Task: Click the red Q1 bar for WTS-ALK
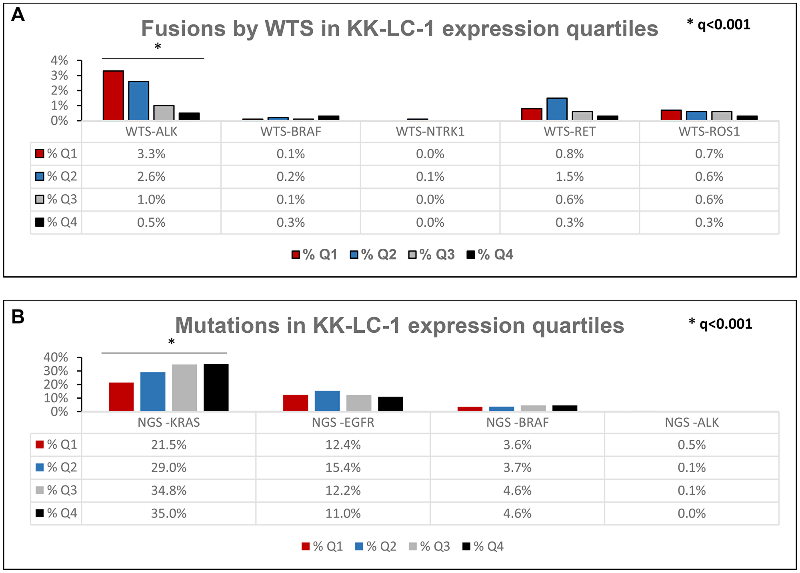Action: point(113,96)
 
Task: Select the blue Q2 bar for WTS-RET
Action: point(557,109)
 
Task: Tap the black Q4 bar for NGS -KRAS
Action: point(216,387)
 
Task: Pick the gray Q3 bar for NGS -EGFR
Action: point(359,403)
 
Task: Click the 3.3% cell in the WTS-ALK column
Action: point(151,154)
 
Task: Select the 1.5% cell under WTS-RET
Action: point(570,177)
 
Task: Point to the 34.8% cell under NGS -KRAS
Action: point(169,491)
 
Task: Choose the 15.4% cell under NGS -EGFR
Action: point(343,468)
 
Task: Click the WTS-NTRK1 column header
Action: point(430,132)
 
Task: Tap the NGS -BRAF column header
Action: point(517,423)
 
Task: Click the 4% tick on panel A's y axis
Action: point(60,60)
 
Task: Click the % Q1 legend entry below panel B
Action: point(322,547)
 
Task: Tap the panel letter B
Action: point(18,317)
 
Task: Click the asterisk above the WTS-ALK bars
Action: point(158,47)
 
